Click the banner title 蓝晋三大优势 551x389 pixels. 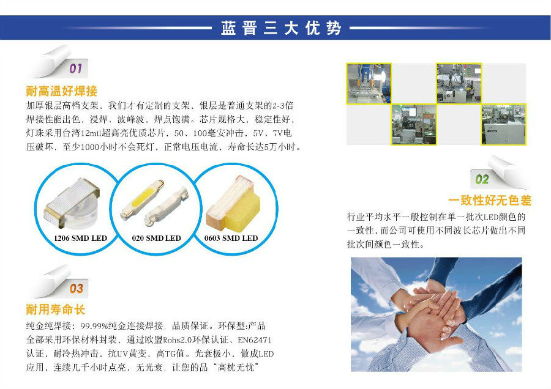pos(280,28)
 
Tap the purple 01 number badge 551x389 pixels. pos(75,68)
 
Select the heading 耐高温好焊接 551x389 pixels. pos(62,92)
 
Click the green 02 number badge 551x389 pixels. pos(482,179)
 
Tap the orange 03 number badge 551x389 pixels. pos(76,288)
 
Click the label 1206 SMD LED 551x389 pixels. pos(80,238)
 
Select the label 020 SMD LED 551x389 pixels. pos(157,238)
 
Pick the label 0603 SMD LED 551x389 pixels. pos(231,238)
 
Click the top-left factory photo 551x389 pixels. pos(369,83)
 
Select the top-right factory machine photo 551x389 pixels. pos(459,83)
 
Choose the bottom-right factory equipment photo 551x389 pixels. pos(503,124)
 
